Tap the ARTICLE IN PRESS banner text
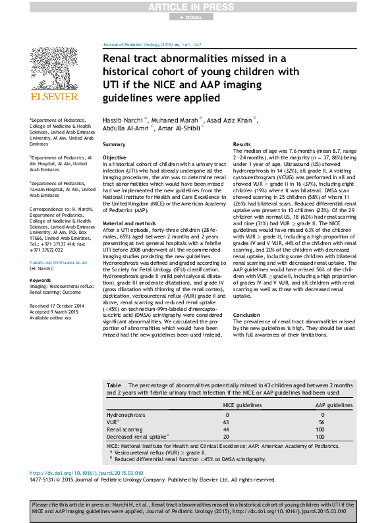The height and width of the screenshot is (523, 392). tap(196, 7)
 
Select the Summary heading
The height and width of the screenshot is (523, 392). tap(114, 144)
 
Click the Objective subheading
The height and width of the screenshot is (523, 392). tap(115, 158)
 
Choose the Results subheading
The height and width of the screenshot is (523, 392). tap(242, 144)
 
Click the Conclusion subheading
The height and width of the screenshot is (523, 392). tap(248, 315)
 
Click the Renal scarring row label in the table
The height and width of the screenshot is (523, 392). tap(126, 429)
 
